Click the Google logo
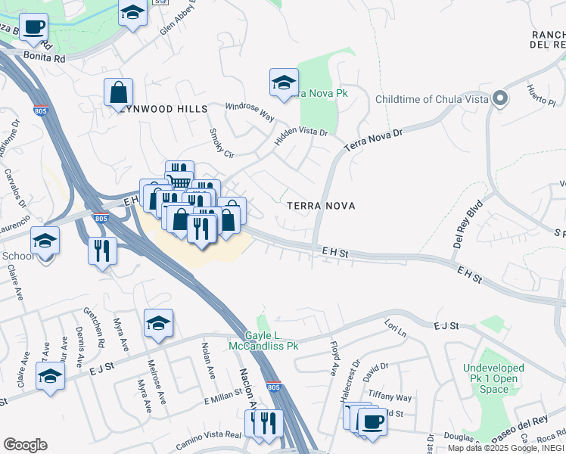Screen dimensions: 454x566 (x=25, y=445)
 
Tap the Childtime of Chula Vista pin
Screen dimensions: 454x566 (x=499, y=99)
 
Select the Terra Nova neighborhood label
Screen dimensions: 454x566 (x=321, y=206)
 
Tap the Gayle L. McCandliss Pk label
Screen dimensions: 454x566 (x=263, y=340)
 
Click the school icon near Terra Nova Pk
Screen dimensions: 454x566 (x=284, y=83)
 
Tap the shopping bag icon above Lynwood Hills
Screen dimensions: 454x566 (x=119, y=93)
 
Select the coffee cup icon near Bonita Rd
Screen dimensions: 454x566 (x=33, y=28)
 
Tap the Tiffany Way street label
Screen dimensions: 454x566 (x=390, y=397)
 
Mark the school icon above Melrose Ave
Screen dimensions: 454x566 (x=158, y=324)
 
